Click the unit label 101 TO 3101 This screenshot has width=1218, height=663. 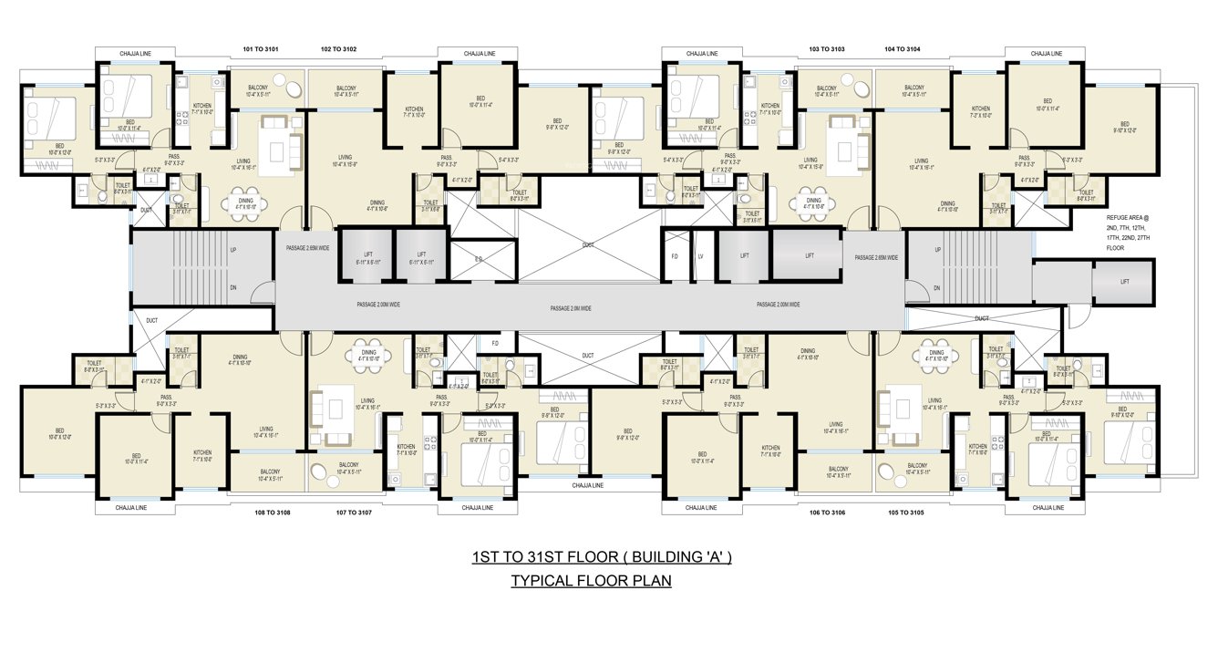point(261,48)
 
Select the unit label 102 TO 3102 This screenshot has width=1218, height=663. point(338,48)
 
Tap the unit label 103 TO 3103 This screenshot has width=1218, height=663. point(826,48)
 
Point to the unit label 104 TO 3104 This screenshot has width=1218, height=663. point(902,48)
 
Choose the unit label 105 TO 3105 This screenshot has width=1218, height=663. point(905,513)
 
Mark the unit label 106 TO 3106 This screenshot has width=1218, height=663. point(828,513)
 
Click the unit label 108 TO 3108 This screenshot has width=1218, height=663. point(272,513)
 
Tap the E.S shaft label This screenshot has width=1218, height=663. point(479,260)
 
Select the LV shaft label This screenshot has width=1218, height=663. point(700,256)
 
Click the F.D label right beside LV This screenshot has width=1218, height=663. point(675,256)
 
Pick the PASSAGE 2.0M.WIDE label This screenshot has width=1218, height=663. point(571,309)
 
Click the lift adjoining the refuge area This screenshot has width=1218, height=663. point(1124,282)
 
